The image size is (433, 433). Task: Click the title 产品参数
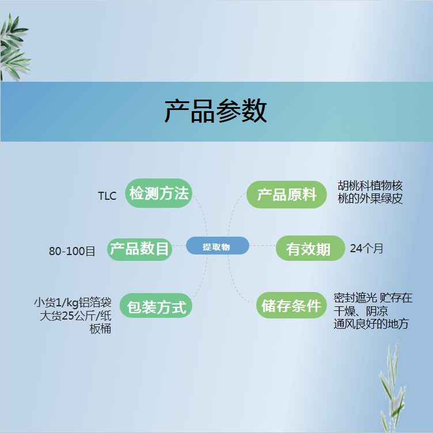pos(216,111)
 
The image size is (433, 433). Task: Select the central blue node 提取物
pos(217,245)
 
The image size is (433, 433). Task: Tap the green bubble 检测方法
pos(158,193)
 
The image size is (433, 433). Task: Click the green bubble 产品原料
pos(286,195)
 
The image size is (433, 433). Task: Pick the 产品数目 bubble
pos(139,249)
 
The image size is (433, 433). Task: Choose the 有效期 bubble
pos(310,248)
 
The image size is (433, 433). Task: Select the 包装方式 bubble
pos(155,306)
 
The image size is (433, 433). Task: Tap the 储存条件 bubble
pos(291,305)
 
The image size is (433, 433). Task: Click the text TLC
pos(107,196)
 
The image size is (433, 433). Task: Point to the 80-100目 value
pos(72,251)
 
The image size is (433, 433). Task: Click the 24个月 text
pos(366,249)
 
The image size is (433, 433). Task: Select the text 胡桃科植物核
pos(370,185)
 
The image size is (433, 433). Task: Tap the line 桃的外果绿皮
pos(370,198)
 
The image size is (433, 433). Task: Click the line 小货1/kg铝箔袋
pos(73,303)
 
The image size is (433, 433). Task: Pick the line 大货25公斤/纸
pos(75,316)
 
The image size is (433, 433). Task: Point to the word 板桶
pos(100,329)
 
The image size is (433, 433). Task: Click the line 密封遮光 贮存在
pos(373,298)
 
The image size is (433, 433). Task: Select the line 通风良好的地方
pos(371,324)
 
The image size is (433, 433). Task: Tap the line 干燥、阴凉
pos(360,311)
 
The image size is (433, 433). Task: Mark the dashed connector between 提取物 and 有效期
pos(263,245)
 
